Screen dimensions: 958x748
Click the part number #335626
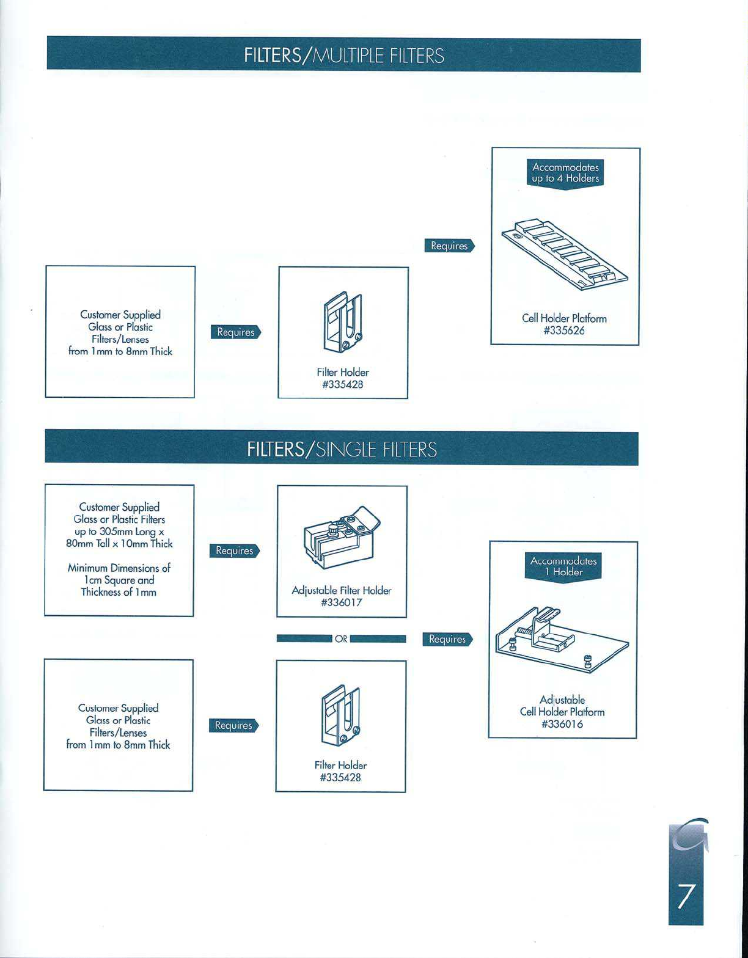coord(564,331)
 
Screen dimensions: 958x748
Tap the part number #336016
coord(562,724)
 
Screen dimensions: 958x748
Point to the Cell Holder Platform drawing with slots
coord(565,252)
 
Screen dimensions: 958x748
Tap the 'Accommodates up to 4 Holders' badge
coord(565,173)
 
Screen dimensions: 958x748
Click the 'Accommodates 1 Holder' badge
coord(563,566)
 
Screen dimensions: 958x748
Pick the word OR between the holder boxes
coord(342,639)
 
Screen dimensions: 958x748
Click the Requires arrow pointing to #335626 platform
coord(449,246)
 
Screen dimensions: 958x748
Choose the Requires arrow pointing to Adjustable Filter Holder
coord(235,550)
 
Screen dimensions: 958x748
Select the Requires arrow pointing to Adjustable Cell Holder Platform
coord(447,639)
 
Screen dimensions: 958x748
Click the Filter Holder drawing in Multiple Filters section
coord(343,324)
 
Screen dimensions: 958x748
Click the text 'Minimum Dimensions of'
coord(119,568)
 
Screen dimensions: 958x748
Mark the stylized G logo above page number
coord(687,837)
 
